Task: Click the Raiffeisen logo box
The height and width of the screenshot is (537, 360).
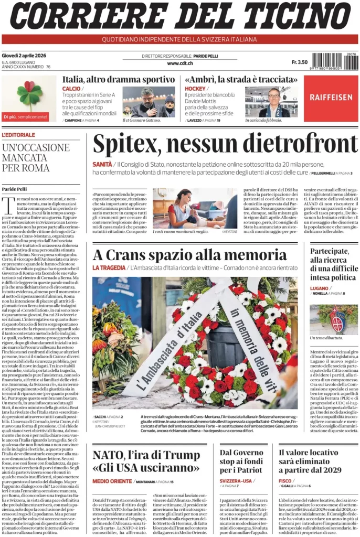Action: coord(331,98)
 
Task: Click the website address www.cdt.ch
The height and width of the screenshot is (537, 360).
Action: coord(180,63)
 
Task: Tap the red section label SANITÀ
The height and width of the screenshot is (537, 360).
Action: coord(102,164)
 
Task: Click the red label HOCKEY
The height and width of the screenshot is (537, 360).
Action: coord(195,89)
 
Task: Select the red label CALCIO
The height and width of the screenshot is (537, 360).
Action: coord(71,89)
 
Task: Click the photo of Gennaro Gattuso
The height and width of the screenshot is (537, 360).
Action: coord(149,102)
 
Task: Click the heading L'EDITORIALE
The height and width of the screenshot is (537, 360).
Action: coord(18,135)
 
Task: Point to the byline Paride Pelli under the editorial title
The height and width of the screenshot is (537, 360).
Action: coord(14,188)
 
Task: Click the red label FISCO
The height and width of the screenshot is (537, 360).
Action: coord(285,480)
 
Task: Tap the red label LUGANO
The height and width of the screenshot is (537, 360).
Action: coord(319,288)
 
